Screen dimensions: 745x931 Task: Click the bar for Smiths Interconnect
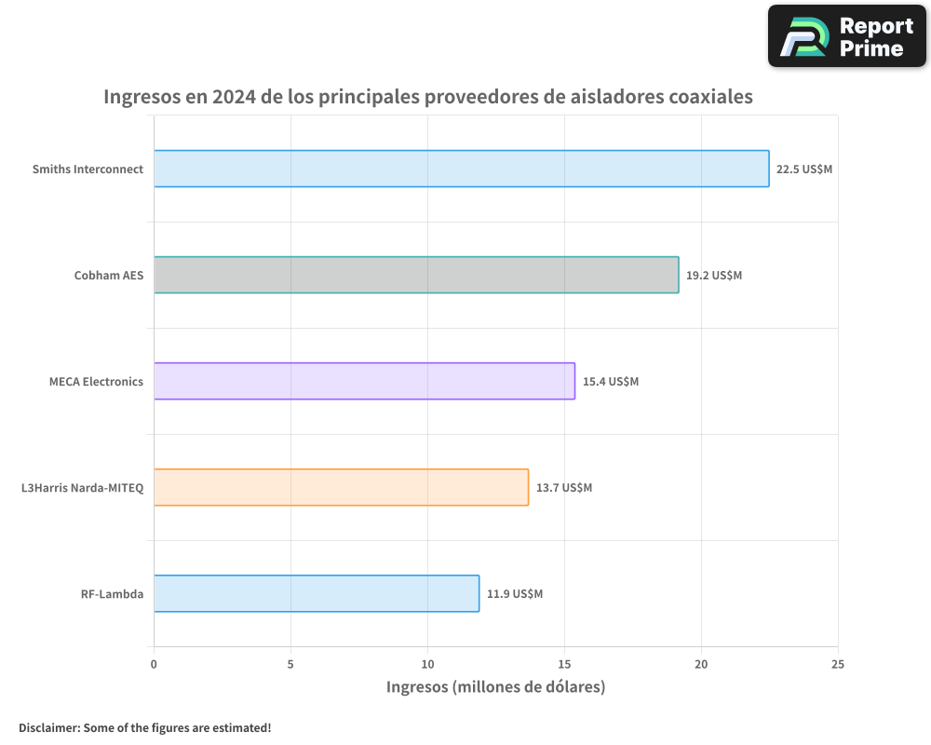(x=461, y=169)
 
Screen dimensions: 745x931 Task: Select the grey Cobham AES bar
(x=416, y=275)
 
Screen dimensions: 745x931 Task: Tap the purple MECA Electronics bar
(x=364, y=381)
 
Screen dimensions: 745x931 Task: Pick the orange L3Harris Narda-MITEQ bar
(x=341, y=487)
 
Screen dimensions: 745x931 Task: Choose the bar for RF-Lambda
(x=317, y=593)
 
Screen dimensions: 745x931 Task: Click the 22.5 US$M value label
(x=804, y=169)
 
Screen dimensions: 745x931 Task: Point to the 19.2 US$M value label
(x=714, y=276)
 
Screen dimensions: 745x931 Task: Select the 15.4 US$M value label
(x=611, y=382)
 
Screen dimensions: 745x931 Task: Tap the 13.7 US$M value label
(x=564, y=488)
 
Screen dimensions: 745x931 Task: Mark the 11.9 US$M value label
(x=515, y=594)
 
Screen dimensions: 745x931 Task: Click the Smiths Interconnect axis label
(x=88, y=169)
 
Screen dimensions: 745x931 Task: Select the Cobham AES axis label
(x=109, y=276)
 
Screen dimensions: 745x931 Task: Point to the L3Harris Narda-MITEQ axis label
(x=82, y=488)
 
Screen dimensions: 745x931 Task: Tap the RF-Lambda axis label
(x=112, y=594)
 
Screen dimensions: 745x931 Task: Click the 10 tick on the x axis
(x=427, y=664)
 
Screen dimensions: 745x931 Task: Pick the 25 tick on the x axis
(x=838, y=664)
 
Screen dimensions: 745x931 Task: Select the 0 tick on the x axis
(x=154, y=664)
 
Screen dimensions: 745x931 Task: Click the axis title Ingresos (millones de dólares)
(x=495, y=687)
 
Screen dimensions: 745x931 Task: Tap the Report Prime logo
(x=846, y=35)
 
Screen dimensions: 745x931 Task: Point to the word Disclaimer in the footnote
(x=47, y=727)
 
